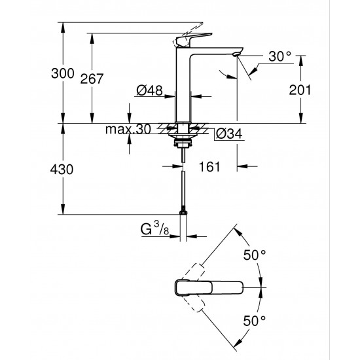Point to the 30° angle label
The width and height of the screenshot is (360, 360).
click(x=278, y=58)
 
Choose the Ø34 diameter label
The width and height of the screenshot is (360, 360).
click(x=228, y=134)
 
